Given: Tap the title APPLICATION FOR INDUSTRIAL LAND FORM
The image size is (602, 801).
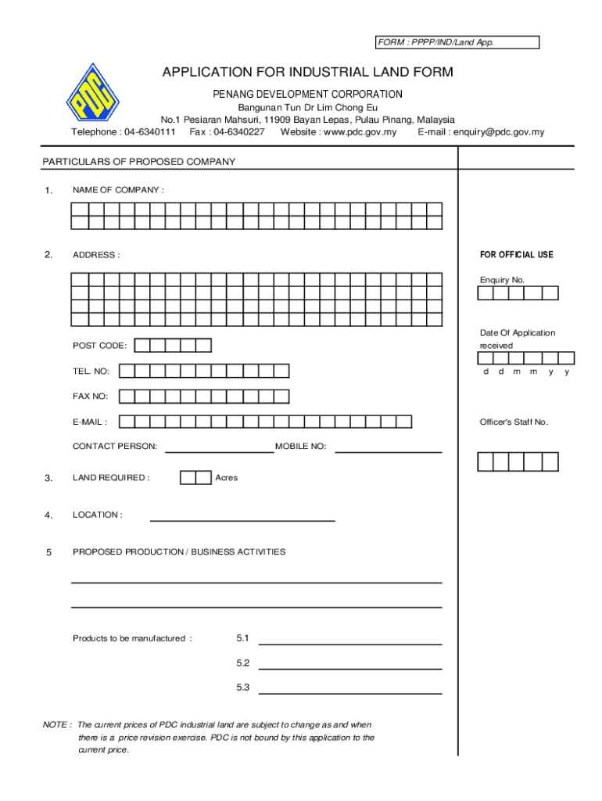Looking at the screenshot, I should pos(307,73).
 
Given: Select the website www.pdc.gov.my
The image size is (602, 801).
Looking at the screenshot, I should pos(338,132).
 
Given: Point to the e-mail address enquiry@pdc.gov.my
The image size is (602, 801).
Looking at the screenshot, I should pos(481,132).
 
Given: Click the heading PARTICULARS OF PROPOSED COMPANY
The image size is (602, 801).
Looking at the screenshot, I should pos(138,162).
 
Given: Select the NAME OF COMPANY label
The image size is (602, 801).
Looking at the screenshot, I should pos(118,190).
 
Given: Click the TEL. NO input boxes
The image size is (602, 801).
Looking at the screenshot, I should pos(203,371).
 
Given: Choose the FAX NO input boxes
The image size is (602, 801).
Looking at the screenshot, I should pos(203,396).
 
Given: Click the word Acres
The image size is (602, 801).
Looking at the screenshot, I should pos(226,477).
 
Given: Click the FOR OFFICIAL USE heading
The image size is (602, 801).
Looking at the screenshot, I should pos(516,255).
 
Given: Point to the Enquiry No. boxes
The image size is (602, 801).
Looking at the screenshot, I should pos(518,293).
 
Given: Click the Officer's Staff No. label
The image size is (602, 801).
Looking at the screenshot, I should pos(514,422).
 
